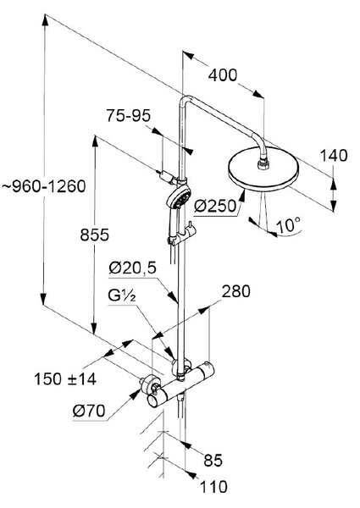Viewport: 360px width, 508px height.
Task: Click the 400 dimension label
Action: (223, 75)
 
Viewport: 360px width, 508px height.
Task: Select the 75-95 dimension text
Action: (129, 116)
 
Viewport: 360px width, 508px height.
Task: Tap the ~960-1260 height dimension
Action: (44, 186)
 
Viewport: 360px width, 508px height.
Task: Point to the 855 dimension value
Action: (95, 235)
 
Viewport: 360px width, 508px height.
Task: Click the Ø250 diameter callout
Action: (215, 206)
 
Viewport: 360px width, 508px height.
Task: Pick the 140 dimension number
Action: (334, 156)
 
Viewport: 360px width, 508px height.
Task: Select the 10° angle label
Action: (288, 225)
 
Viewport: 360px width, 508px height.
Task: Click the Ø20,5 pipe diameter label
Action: (132, 268)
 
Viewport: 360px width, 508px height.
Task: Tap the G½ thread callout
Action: (122, 295)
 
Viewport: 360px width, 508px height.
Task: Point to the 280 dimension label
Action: (236, 291)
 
